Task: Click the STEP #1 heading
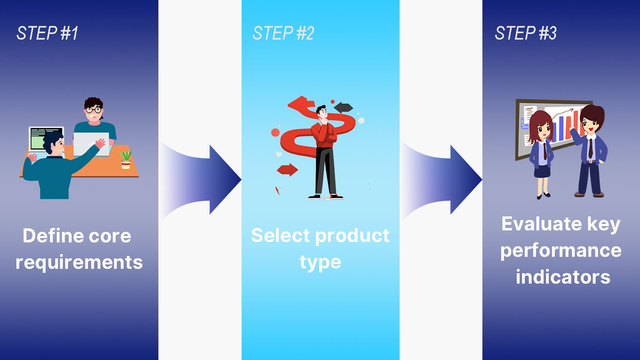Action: [x=47, y=33]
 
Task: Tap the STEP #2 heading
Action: [x=283, y=33]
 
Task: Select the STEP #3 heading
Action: [x=526, y=33]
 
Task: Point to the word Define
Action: [x=52, y=236]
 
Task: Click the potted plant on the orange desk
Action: [x=126, y=160]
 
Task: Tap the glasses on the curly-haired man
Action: [x=94, y=110]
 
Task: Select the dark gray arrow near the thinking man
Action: [x=343, y=108]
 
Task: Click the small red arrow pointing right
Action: [x=288, y=170]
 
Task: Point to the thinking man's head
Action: [x=322, y=112]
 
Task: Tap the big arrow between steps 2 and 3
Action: [x=442, y=180]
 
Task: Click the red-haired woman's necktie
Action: [x=545, y=151]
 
